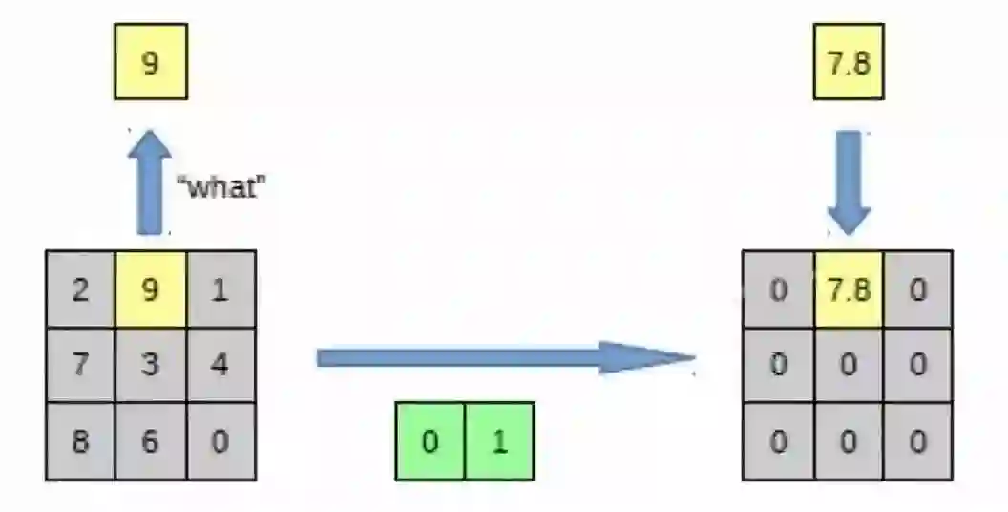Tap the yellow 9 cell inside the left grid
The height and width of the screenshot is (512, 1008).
tap(150, 288)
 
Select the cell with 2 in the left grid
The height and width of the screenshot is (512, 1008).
tap(80, 288)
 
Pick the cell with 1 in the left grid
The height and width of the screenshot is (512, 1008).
tap(220, 288)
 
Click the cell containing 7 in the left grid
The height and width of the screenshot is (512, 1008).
tap(80, 364)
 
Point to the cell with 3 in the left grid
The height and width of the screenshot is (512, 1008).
tap(150, 364)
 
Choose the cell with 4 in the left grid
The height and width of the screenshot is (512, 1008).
tap(220, 364)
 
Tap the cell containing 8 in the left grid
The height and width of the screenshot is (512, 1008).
tap(80, 440)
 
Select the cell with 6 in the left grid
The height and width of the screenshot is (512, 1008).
tap(150, 440)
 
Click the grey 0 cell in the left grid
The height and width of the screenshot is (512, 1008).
tap(220, 440)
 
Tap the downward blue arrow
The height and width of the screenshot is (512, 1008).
tap(849, 181)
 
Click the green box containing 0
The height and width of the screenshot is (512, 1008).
tap(430, 440)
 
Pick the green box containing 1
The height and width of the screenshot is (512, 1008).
tap(499, 440)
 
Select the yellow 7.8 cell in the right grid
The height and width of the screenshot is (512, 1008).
tap(849, 288)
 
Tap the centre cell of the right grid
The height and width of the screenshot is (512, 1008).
tap(849, 364)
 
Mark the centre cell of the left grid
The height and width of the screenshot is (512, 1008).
tap(150, 364)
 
